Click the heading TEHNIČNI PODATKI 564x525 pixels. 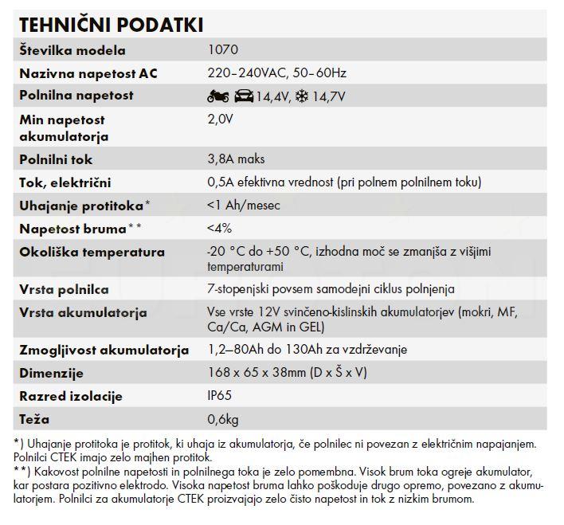pos(111,25)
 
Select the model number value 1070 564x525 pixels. pos(222,50)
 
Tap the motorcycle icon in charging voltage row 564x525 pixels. pos(217,96)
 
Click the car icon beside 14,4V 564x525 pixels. pos(243,96)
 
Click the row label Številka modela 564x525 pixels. pos(72,50)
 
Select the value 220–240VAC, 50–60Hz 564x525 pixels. pos(276,73)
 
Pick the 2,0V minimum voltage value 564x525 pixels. pos(220,119)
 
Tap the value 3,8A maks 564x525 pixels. pos(236,159)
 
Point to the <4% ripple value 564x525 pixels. pos(219,229)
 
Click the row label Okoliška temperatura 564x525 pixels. pos(92,252)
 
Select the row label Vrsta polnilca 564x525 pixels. pos(64,289)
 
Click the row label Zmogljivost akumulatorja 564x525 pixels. pos(104,350)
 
